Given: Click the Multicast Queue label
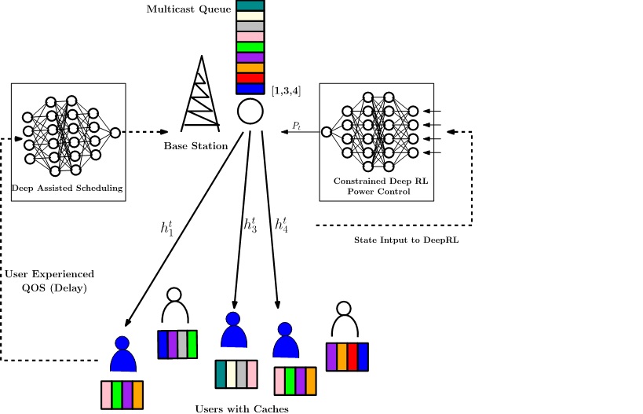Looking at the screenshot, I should point(188,9).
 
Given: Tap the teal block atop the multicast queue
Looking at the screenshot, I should point(250,5).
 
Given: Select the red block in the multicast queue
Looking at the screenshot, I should point(250,77).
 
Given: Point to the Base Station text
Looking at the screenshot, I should point(195,146).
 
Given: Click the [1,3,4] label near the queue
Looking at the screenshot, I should point(286,91).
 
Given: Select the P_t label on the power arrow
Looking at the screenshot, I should point(296,125).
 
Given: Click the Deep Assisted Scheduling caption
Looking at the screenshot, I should point(68,188).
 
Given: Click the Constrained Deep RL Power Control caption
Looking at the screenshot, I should point(378,186).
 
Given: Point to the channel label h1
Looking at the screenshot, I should point(167,229).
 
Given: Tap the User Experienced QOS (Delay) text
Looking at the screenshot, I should point(49,280).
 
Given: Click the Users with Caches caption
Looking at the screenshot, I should point(242,408).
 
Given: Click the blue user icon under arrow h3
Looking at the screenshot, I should point(233,332).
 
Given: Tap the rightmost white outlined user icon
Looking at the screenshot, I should point(342,319).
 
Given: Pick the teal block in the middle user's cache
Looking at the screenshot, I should point(221,374).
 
